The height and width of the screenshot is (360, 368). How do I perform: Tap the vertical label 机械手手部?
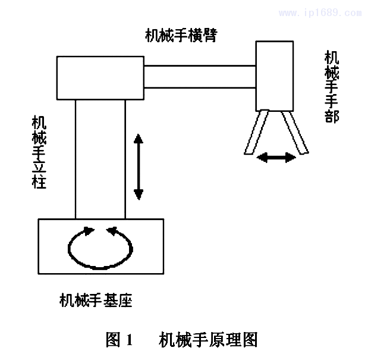point(332,86)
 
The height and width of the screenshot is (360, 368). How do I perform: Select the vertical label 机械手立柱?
point(40,152)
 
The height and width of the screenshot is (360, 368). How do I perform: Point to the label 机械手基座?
point(96,301)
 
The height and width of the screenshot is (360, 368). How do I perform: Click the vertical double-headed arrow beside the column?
point(138,167)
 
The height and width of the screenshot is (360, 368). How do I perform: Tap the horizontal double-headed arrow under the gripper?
point(276,158)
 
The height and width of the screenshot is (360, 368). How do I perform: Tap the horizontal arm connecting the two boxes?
point(200,76)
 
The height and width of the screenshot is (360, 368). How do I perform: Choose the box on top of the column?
point(100,78)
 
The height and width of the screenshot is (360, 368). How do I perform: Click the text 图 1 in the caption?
point(121,340)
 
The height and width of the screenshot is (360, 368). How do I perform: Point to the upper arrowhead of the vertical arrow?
point(138,140)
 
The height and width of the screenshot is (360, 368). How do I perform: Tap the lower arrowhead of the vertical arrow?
point(138,193)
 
